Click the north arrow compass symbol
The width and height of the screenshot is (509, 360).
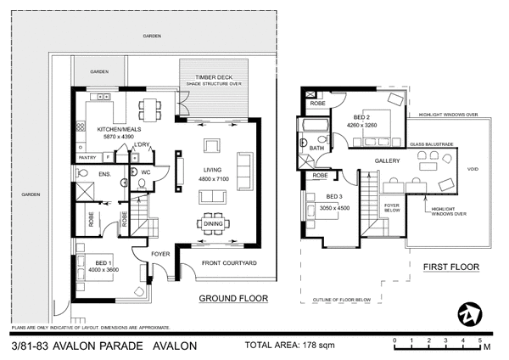468,313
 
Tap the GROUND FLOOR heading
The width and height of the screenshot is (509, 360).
232,299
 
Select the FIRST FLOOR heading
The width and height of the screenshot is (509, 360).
450,267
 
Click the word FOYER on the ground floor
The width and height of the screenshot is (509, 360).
160,253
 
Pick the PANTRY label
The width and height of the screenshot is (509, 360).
87,157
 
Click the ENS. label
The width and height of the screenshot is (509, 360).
105,174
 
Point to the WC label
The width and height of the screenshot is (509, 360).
145,173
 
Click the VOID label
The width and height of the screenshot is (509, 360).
473,169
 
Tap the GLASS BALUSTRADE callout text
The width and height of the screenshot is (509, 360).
431,144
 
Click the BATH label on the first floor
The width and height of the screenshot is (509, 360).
316,147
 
